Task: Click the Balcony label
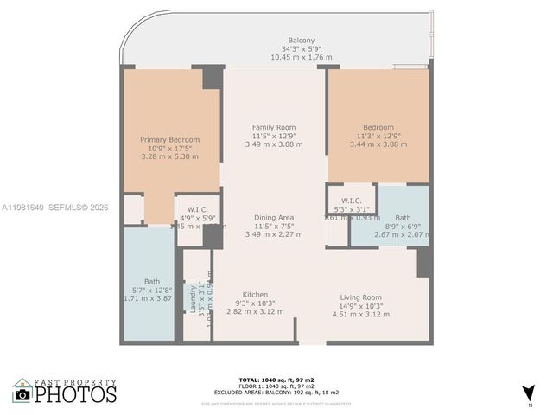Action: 301,40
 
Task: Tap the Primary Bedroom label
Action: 170,139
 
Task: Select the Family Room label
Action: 274,127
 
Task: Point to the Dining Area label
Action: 274,216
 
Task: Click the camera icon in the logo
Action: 22,395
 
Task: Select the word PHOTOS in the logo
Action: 76,395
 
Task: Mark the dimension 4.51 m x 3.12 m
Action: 357,314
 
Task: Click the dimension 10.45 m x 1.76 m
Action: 301,57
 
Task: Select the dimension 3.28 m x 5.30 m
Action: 170,156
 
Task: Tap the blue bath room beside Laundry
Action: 149,285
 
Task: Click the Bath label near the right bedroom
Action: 403,218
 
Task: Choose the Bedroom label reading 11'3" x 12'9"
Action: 378,127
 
